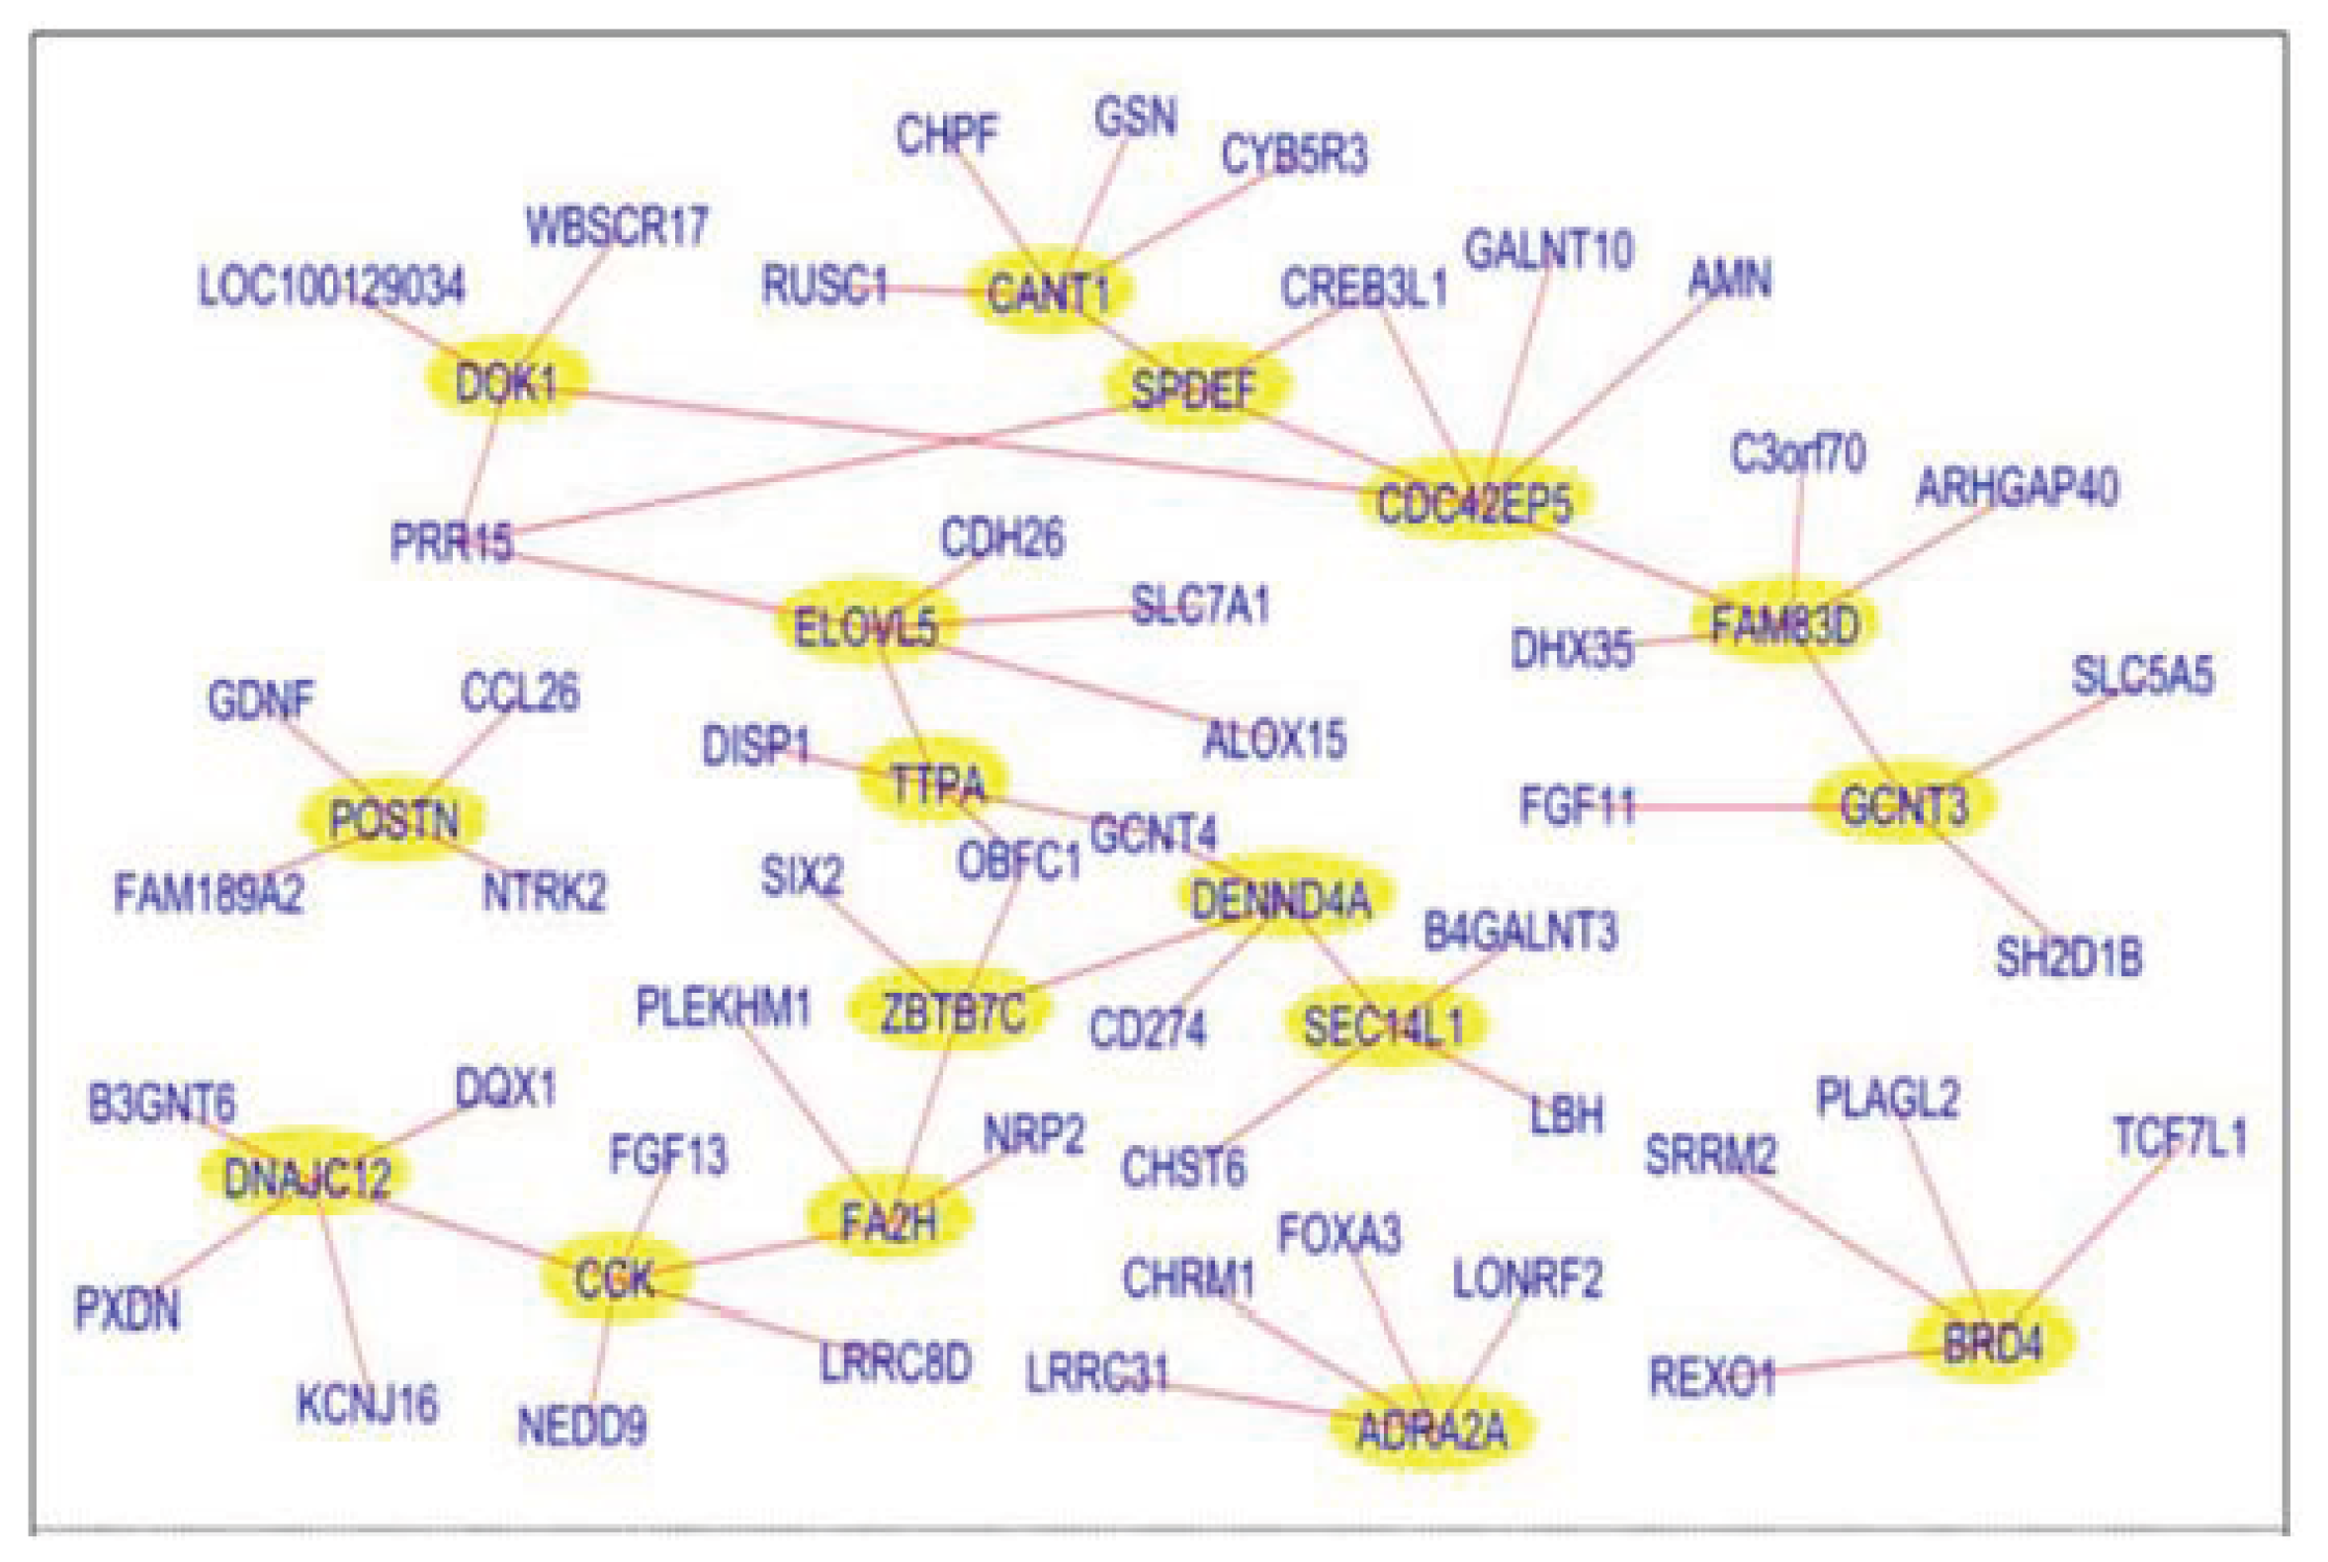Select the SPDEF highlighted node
[x=1194, y=387]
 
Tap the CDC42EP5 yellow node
[x=1473, y=501]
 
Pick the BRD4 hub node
[x=1991, y=1344]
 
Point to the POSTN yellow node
[x=392, y=819]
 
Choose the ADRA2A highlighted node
[x=1431, y=1430]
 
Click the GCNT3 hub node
[x=1904, y=804]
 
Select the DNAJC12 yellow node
[x=307, y=1177]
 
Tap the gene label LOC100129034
[x=331, y=287]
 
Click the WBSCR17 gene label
[x=617, y=226]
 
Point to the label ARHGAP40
[x=2016, y=487]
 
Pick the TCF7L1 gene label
[x=2180, y=1136]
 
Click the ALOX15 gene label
[x=1274, y=739]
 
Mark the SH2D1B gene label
[x=2068, y=957]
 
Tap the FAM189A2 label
[x=209, y=891]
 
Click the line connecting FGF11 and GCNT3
[x=1724, y=806]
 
